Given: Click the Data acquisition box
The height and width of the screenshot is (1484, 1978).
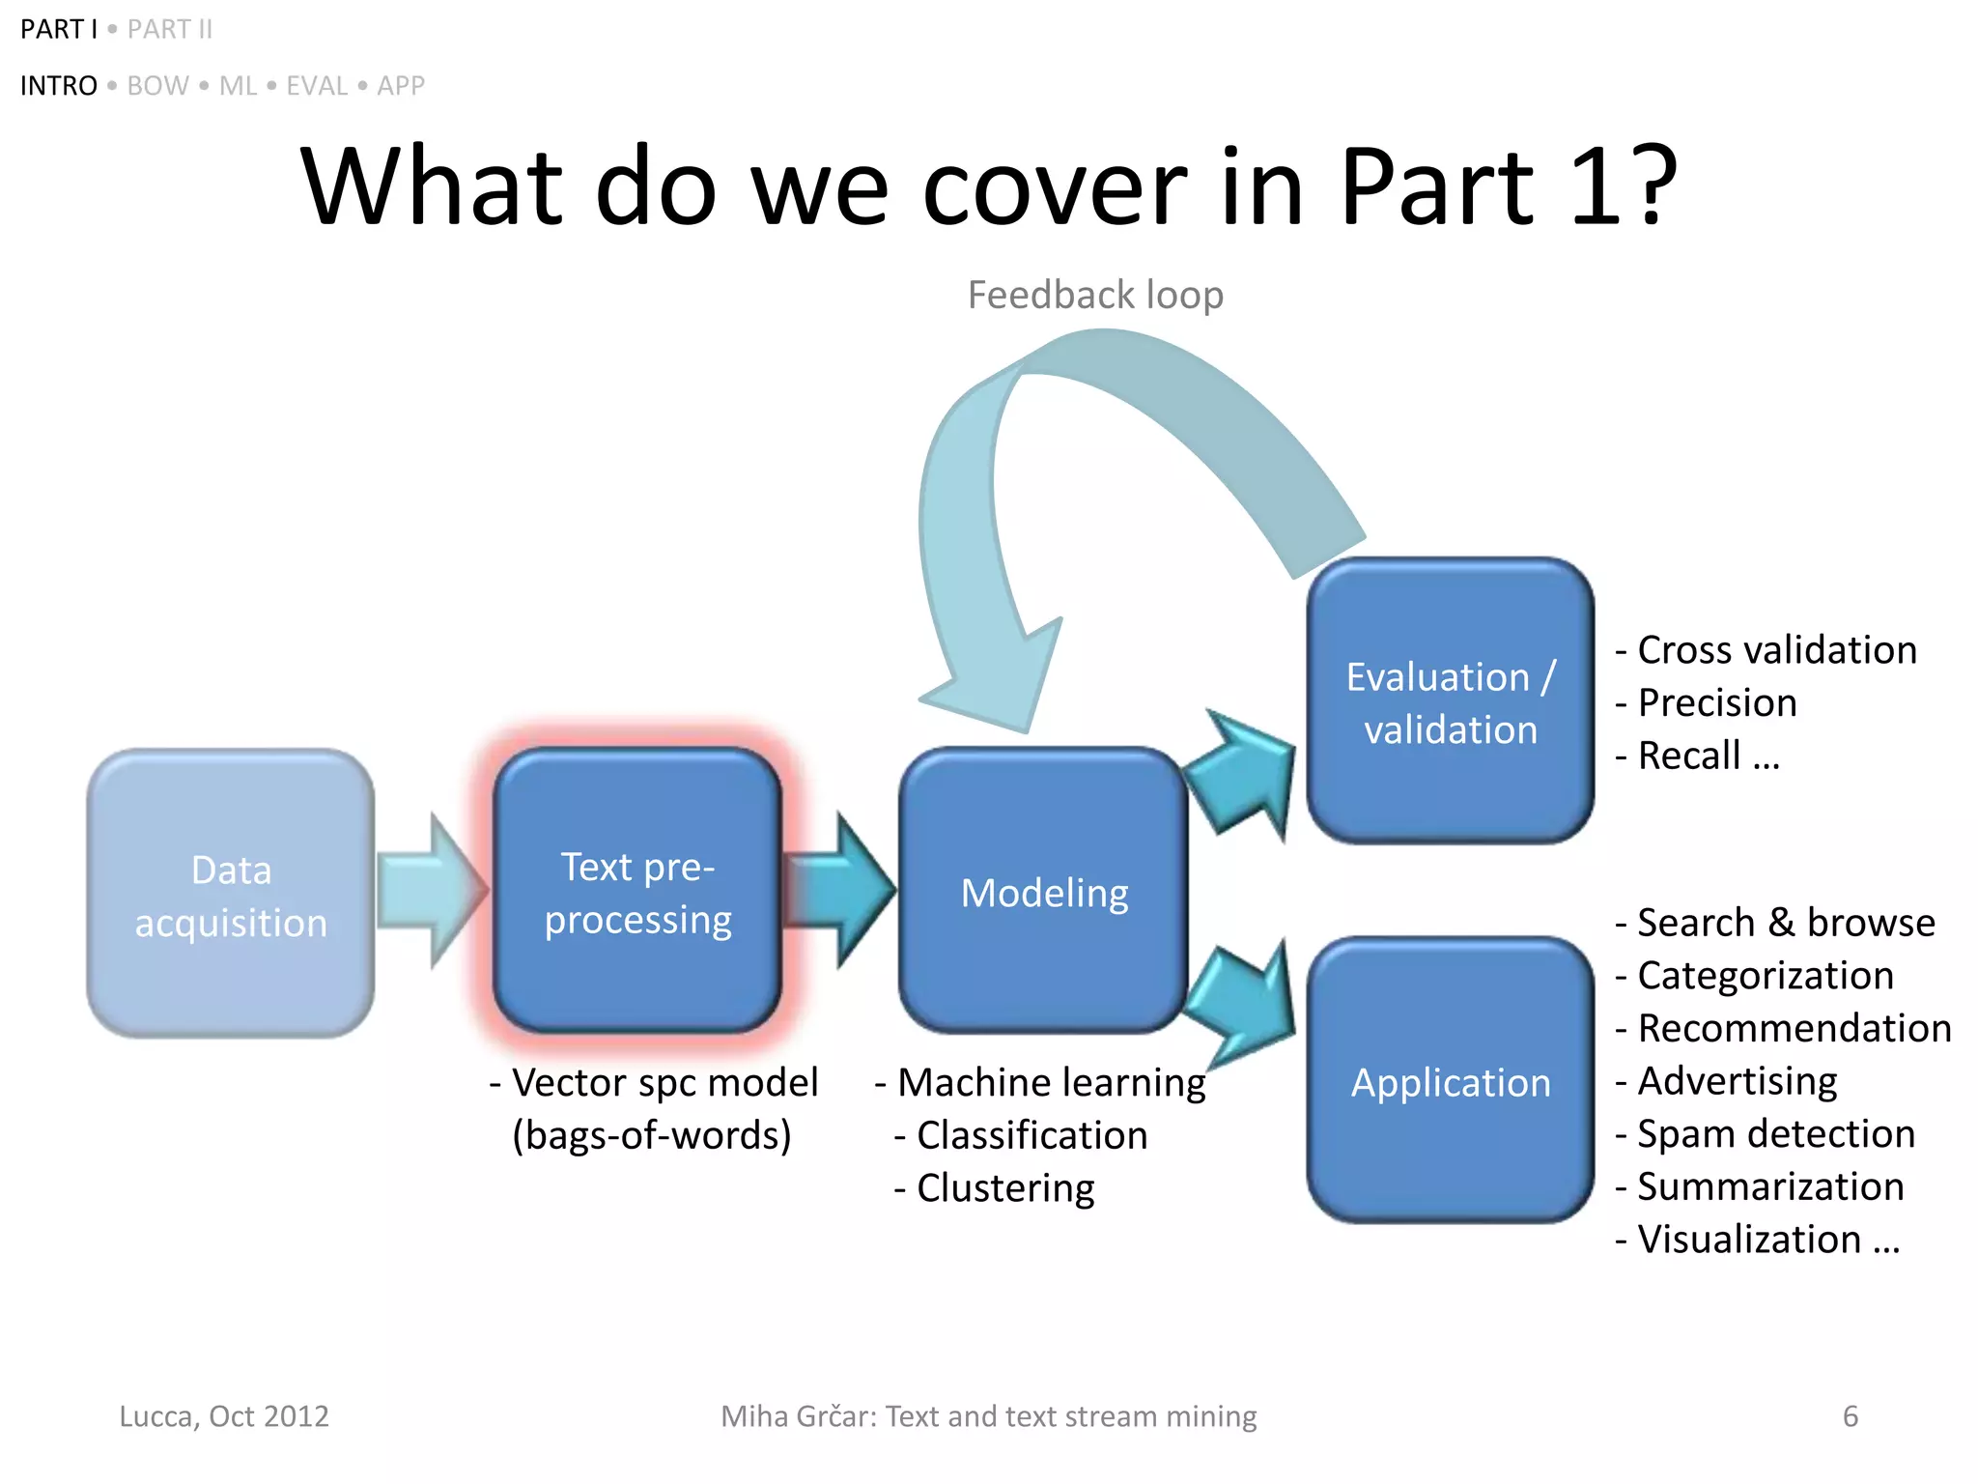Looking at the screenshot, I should (230, 894).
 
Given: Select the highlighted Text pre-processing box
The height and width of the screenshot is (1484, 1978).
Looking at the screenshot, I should (637, 891).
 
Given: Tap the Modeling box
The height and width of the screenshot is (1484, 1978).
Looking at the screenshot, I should (1043, 891).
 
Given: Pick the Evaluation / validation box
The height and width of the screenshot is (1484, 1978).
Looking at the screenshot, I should (1450, 701).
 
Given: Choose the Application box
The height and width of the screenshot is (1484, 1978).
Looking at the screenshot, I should (1450, 1081).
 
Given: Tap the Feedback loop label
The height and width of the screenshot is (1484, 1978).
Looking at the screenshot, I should (1095, 295).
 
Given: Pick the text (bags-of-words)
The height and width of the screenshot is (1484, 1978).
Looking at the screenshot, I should (652, 1135).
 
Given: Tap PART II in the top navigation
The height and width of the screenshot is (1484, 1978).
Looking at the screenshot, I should (170, 30).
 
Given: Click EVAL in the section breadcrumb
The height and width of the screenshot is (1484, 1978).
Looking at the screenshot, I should (317, 86).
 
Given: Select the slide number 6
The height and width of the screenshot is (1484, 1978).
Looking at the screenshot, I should (1850, 1416).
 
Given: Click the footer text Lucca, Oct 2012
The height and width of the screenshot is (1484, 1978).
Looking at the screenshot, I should (224, 1416).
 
